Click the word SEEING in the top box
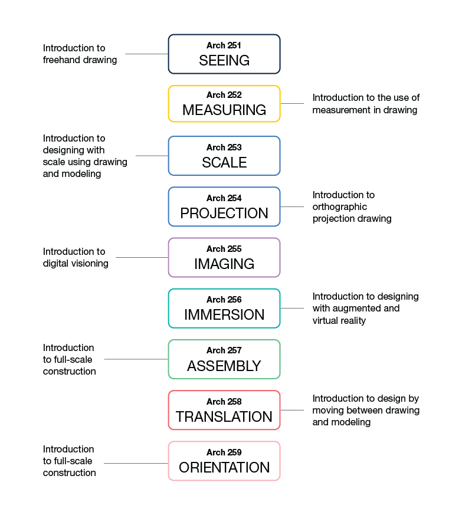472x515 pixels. pyautogui.click(x=224, y=60)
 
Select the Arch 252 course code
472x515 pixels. pyautogui.click(x=224, y=95)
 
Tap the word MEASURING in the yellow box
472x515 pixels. pyautogui.click(x=224, y=110)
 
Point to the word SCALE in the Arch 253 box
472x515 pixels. pyautogui.click(x=224, y=163)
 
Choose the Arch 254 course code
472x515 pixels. pyautogui.click(x=224, y=198)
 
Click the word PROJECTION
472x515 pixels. pyautogui.click(x=224, y=213)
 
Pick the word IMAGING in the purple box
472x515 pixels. pyautogui.click(x=224, y=264)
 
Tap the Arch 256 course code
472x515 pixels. pyautogui.click(x=224, y=300)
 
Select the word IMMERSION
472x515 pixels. pyautogui.click(x=224, y=314)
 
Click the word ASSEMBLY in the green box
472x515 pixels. pyautogui.click(x=224, y=366)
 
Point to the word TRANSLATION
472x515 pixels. pyautogui.click(x=224, y=417)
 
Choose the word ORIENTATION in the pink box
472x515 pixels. pyautogui.click(x=224, y=467)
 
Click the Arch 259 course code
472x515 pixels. pyautogui.click(x=224, y=452)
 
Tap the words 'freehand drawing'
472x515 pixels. pyautogui.click(x=80, y=60)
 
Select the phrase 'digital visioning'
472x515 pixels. pyautogui.click(x=76, y=264)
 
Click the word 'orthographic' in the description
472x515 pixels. pyautogui.click(x=340, y=207)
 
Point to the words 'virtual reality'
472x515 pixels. pyautogui.click(x=339, y=320)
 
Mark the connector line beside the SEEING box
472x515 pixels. pyautogui.click(x=147, y=54)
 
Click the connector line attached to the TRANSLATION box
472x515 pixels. pyautogui.click(x=292, y=410)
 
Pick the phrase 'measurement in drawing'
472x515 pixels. pyautogui.click(x=365, y=110)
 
